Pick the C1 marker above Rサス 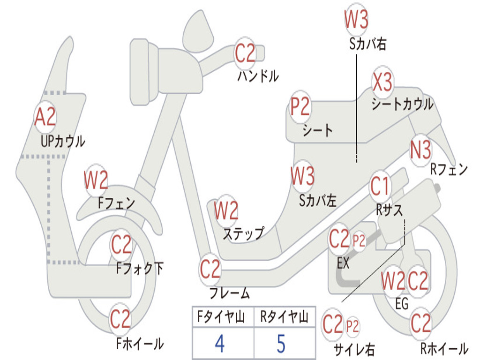(380, 187)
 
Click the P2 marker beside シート (300, 107)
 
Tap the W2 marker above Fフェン (96, 180)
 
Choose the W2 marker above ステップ (226, 211)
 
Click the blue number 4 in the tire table (219, 344)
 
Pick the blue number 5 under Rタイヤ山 (281, 344)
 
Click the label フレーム (230, 294)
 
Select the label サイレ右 (354, 349)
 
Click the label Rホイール (444, 349)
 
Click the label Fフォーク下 (140, 269)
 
